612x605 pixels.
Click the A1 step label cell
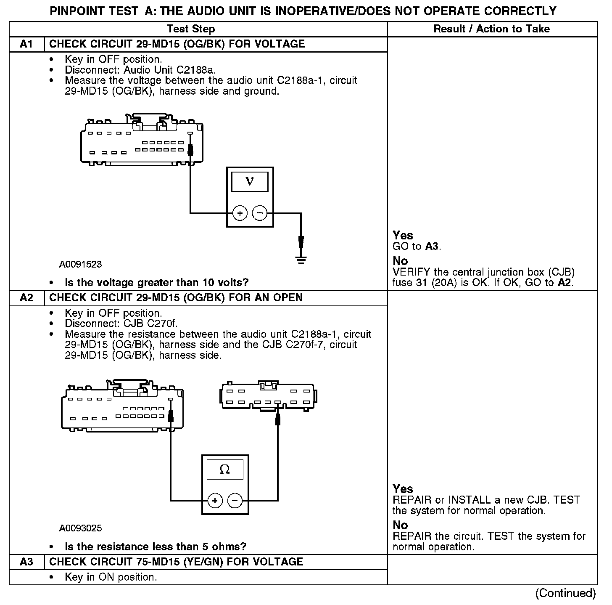pyautogui.click(x=26, y=44)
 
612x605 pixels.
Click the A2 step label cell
pyautogui.click(x=26, y=298)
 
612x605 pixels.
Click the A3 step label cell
pyautogui.click(x=26, y=562)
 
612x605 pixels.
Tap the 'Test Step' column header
pyautogui.click(x=191, y=29)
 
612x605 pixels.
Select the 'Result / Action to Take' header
pyautogui.click(x=491, y=29)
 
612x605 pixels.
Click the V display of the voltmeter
pyautogui.click(x=250, y=181)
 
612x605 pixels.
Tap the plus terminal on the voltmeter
pyautogui.click(x=240, y=213)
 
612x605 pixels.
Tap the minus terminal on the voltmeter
pyautogui.click(x=260, y=213)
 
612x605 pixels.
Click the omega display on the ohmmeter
pyautogui.click(x=225, y=470)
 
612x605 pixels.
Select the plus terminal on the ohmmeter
pyautogui.click(x=215, y=501)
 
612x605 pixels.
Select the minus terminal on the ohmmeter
pyautogui.click(x=235, y=501)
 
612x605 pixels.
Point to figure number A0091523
pyautogui.click(x=80, y=264)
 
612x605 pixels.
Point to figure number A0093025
pyautogui.click(x=80, y=528)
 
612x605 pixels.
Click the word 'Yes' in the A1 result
pyautogui.click(x=403, y=236)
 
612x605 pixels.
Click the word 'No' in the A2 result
pyautogui.click(x=400, y=525)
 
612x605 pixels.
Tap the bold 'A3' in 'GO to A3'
pyautogui.click(x=432, y=247)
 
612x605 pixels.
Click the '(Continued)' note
pyautogui.click(x=565, y=593)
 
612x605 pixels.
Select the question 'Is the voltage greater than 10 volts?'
pyautogui.click(x=156, y=282)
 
